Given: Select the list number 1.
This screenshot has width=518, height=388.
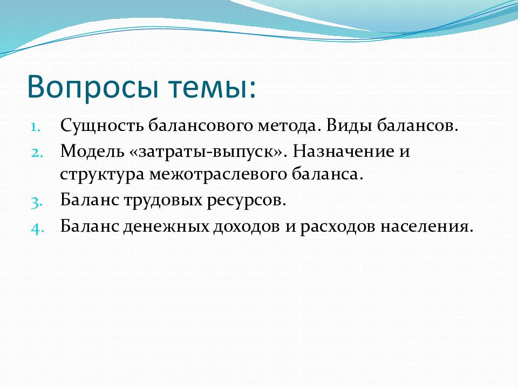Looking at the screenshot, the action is click(x=36, y=127).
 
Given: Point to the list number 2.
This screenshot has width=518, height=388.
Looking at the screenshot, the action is click(x=37, y=153).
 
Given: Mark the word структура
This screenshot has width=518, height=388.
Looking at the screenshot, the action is click(x=102, y=175).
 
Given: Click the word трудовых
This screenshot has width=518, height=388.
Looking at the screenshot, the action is click(x=163, y=200).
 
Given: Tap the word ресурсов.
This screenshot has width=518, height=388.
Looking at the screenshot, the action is click(x=247, y=201).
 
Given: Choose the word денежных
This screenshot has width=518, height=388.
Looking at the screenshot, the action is click(x=166, y=227).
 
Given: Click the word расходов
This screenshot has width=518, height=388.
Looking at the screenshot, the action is click(x=337, y=227).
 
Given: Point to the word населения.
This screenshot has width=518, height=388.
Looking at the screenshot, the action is click(x=426, y=226).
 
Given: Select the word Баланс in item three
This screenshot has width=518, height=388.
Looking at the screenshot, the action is click(x=89, y=199).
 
